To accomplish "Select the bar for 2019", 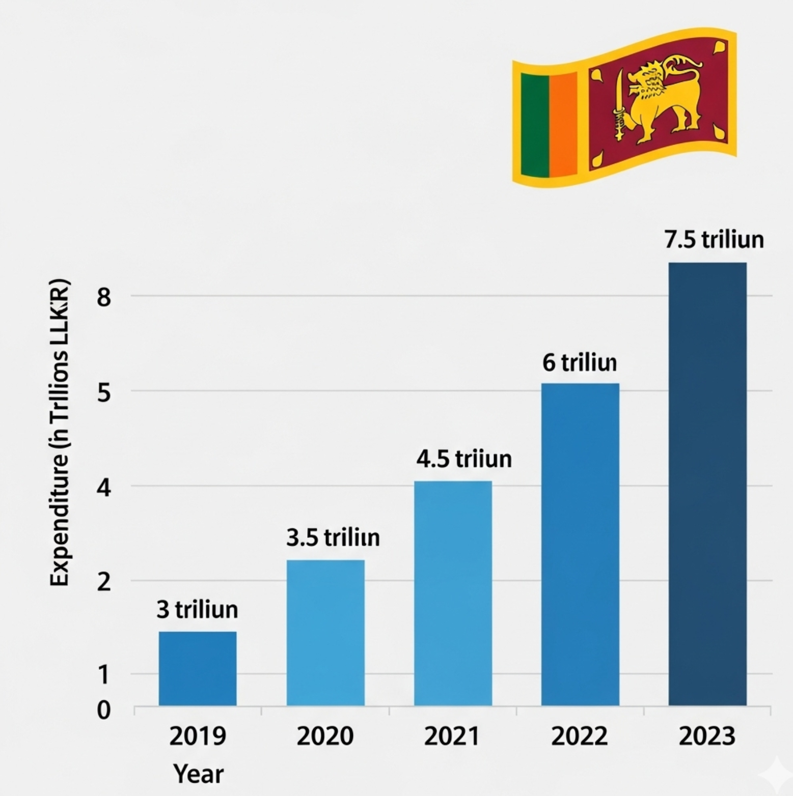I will (x=198, y=668).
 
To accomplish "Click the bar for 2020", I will (x=325, y=632).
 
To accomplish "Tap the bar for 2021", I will (x=453, y=592).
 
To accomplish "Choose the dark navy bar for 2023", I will (x=707, y=484).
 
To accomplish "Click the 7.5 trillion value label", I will (x=714, y=240).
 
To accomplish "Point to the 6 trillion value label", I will (x=580, y=363).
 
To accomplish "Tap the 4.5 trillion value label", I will (x=464, y=459).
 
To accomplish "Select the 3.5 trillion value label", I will (x=333, y=538).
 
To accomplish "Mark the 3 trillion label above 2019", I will (x=197, y=610).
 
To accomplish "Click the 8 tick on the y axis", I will (x=103, y=297).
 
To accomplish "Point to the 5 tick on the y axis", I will (x=103, y=392).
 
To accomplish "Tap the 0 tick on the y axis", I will (x=103, y=709).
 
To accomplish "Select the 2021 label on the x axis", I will (x=452, y=736).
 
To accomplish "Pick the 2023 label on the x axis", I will (x=707, y=736).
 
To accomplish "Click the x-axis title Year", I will (x=198, y=774).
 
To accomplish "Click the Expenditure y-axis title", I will (x=60, y=433).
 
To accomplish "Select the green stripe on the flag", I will (x=535, y=125).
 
